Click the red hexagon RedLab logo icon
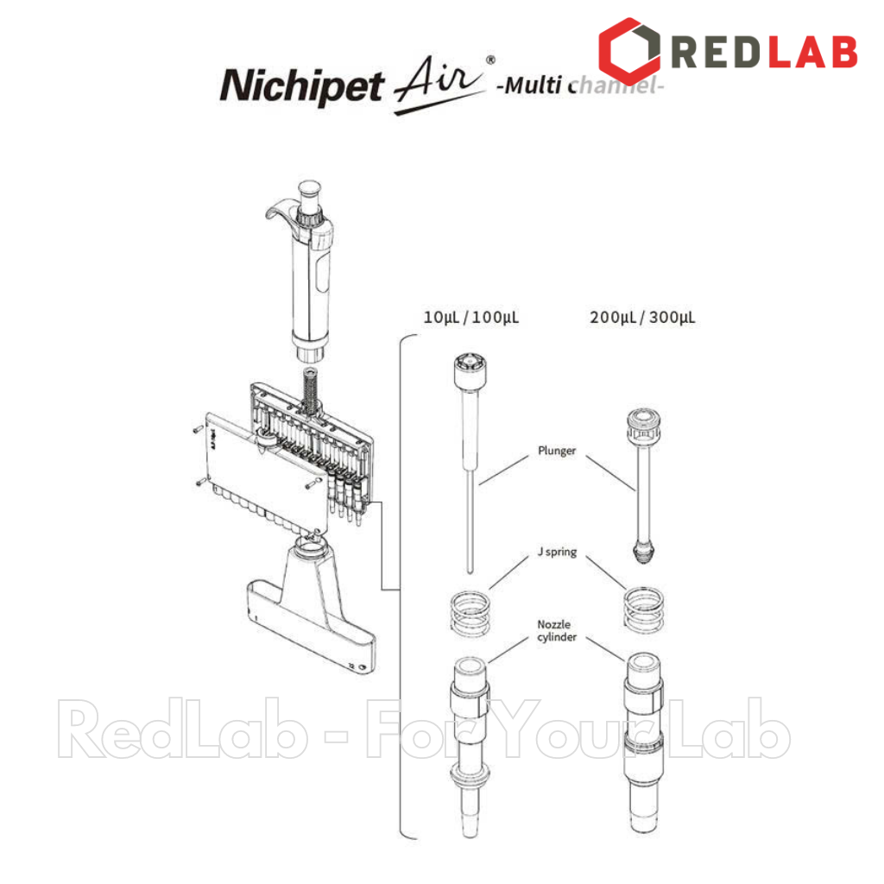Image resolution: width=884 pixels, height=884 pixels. (x=629, y=50)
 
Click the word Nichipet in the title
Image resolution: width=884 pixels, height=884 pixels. (x=300, y=87)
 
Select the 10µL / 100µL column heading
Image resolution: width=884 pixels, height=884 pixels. (x=470, y=318)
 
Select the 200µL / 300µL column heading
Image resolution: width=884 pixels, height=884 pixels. (x=642, y=318)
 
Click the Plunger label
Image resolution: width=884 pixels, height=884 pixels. (x=556, y=451)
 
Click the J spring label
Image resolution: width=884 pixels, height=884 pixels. (x=556, y=552)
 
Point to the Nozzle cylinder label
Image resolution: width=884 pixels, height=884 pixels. (x=556, y=631)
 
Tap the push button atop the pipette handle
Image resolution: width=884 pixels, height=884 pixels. (x=309, y=191)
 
